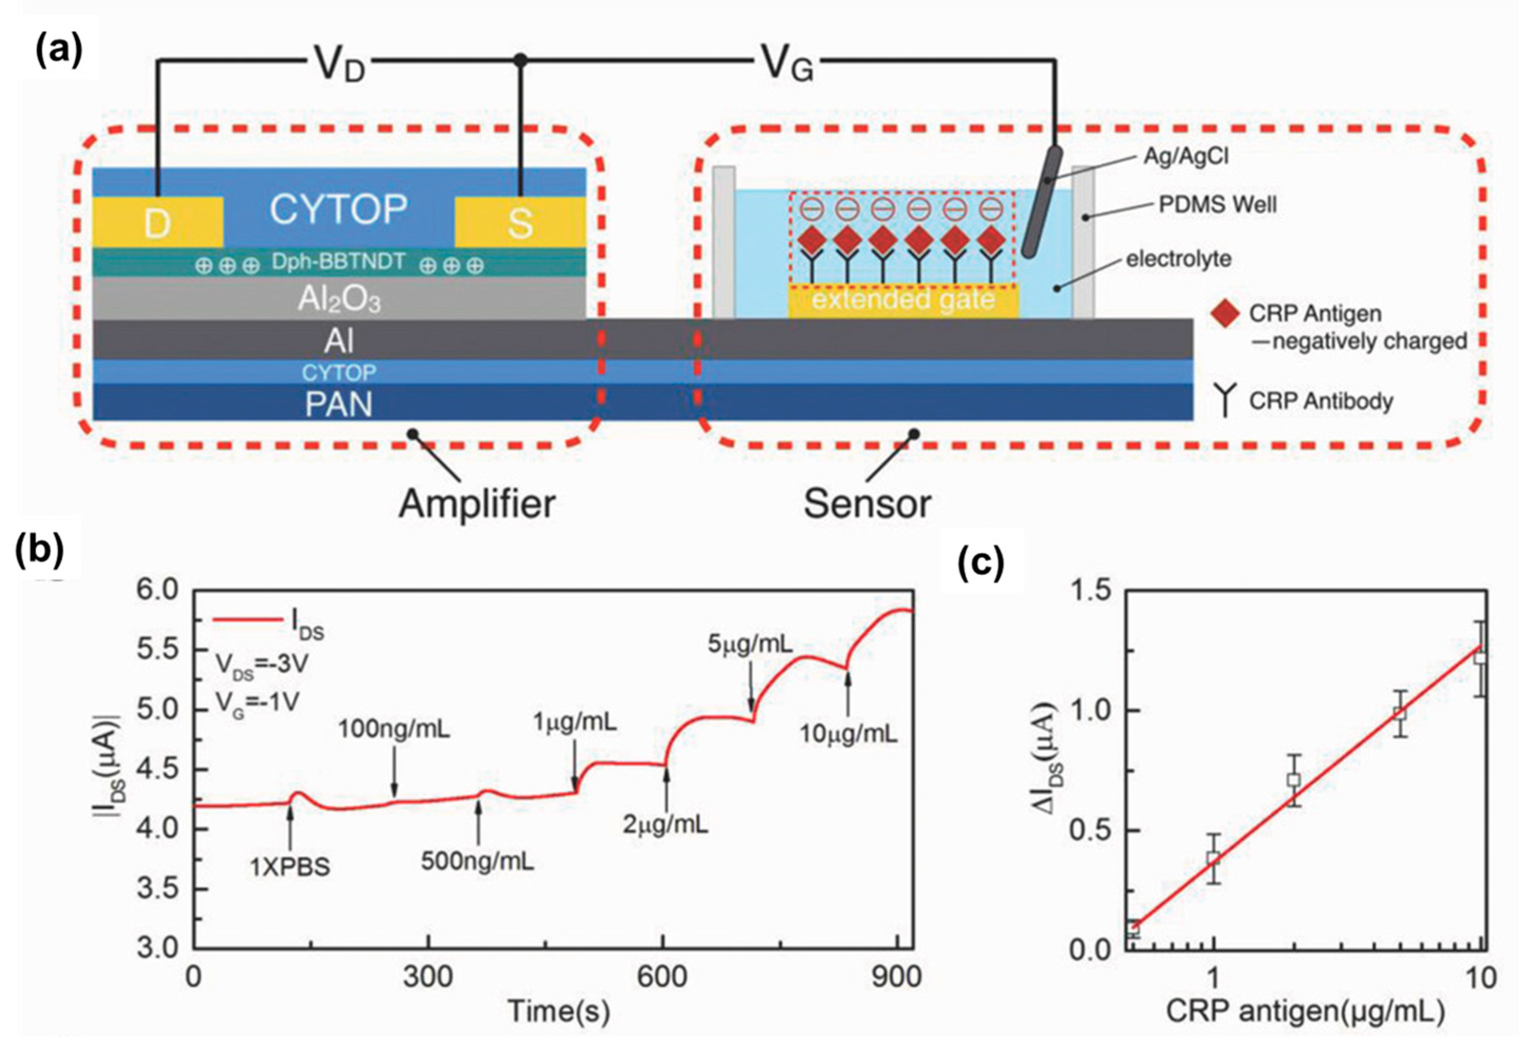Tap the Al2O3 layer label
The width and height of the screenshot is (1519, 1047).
pos(339,300)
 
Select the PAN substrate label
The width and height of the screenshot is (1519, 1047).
pos(339,403)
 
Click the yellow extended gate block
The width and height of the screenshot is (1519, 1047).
pos(903,301)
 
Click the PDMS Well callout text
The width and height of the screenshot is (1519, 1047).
pos(1217,205)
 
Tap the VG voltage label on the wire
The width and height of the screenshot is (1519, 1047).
pos(787,64)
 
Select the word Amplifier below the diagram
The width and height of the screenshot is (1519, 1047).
pos(477,504)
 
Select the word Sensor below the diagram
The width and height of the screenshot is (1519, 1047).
pos(867,504)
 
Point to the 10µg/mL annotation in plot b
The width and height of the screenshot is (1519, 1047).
pos(848,734)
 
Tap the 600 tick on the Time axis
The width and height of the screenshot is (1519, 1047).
pos(663,977)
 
